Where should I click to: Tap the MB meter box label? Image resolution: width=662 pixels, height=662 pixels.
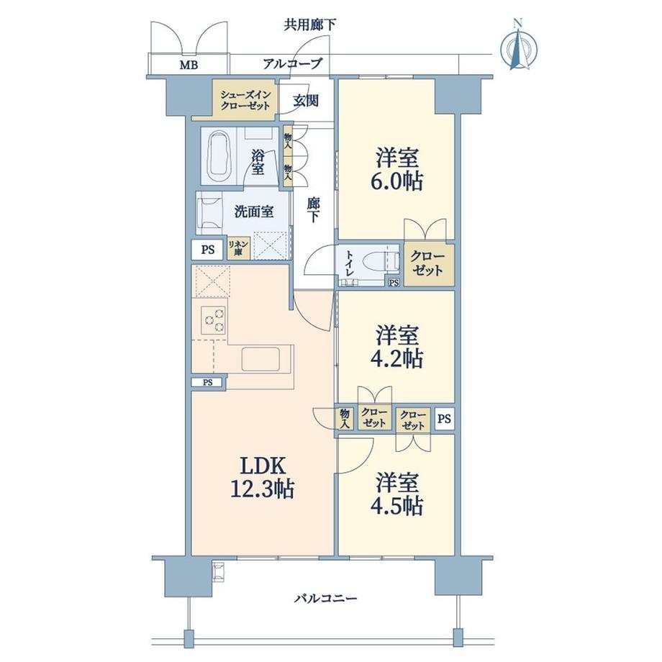coord(188,66)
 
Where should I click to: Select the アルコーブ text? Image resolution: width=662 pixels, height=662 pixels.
coord(292,64)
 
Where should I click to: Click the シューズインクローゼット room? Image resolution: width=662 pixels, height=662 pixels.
coord(245,99)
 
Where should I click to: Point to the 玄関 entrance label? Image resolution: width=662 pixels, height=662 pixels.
coord(306,101)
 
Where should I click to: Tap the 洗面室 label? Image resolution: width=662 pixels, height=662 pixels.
coord(253,212)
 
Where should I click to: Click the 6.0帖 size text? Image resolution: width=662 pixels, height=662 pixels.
coord(397,180)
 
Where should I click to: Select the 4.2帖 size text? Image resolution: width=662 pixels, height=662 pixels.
coord(397,358)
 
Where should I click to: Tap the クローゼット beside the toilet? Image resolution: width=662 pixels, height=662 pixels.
coord(428,264)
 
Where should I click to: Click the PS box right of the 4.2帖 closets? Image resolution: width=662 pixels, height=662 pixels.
coord(445,418)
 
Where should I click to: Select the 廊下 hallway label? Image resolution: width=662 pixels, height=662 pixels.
coord(313,210)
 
